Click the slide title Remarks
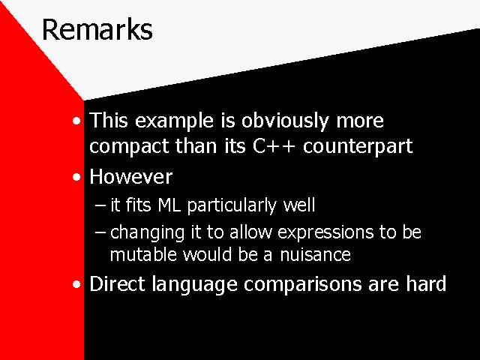click(x=97, y=29)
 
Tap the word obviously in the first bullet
click(x=285, y=121)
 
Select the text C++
click(x=274, y=145)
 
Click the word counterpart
click(x=358, y=147)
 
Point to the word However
click(x=131, y=177)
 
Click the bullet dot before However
click(x=76, y=177)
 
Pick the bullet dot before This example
click(x=76, y=121)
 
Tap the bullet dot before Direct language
click(x=76, y=284)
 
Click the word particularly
click(x=232, y=205)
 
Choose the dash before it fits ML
click(x=100, y=205)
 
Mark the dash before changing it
click(x=100, y=232)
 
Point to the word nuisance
click(x=315, y=254)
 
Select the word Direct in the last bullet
click(x=117, y=283)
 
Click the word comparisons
click(x=303, y=285)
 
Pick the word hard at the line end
click(x=426, y=283)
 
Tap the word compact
click(x=128, y=147)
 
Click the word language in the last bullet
click(x=194, y=285)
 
